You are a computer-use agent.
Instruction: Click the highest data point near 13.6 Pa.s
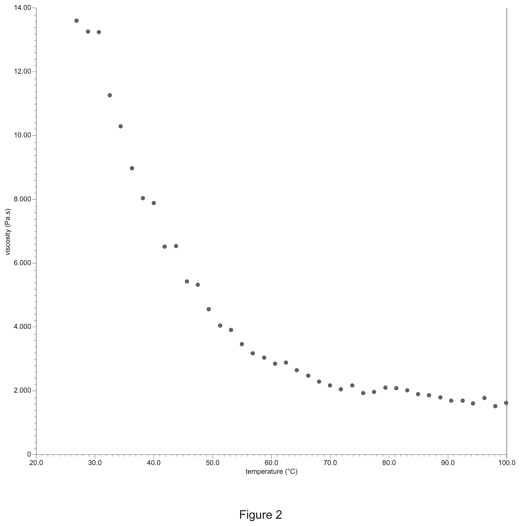(x=76, y=21)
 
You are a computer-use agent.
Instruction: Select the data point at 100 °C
(x=506, y=403)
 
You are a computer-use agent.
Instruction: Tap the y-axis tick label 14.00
(x=22, y=8)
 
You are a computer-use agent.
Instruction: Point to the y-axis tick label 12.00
(x=22, y=72)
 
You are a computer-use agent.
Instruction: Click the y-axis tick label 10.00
(x=22, y=135)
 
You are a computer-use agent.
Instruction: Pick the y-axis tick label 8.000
(x=22, y=199)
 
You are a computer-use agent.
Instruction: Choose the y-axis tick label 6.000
(x=22, y=263)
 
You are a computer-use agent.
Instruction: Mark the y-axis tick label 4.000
(x=22, y=327)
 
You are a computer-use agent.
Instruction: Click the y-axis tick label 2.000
(x=22, y=391)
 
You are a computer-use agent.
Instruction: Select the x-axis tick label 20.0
(x=36, y=463)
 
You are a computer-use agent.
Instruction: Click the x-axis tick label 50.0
(x=213, y=463)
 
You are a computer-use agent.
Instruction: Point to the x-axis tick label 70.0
(x=330, y=463)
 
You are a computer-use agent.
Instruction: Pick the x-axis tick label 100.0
(x=507, y=463)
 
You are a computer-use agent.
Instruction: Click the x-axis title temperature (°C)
(x=271, y=472)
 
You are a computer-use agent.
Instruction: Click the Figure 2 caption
(x=261, y=507)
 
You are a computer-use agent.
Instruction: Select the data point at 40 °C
(x=154, y=203)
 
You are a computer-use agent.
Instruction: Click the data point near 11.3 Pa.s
(x=109, y=95)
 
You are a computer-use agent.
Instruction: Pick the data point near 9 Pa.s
(x=132, y=168)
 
